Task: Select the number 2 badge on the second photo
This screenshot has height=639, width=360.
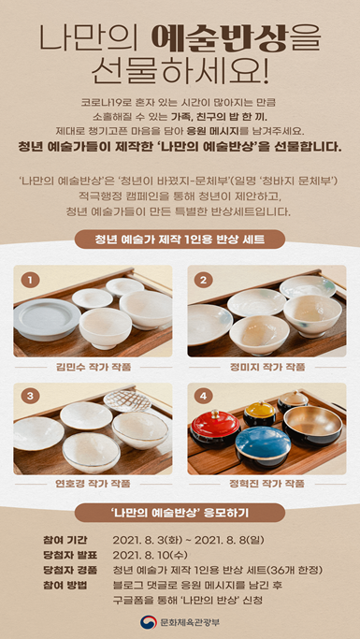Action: (x=204, y=280)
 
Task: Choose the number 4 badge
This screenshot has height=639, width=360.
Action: (x=204, y=396)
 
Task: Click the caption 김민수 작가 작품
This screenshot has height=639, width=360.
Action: (x=93, y=367)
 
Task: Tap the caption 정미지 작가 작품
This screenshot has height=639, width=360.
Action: (x=267, y=367)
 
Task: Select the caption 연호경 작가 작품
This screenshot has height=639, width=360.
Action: (x=93, y=484)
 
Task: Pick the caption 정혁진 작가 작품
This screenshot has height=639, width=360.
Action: (x=267, y=484)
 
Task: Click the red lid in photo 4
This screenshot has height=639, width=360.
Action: (x=216, y=422)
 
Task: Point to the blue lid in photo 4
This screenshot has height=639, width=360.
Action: (x=263, y=443)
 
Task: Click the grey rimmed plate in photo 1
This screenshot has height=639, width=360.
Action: (x=47, y=319)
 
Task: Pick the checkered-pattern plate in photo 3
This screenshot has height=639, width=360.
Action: (x=127, y=400)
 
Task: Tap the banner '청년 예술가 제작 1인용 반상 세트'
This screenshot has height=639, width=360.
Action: (x=180, y=240)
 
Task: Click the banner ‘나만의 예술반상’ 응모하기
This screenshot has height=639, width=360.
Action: (x=180, y=513)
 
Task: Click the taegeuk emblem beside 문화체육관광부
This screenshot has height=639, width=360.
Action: (x=149, y=622)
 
